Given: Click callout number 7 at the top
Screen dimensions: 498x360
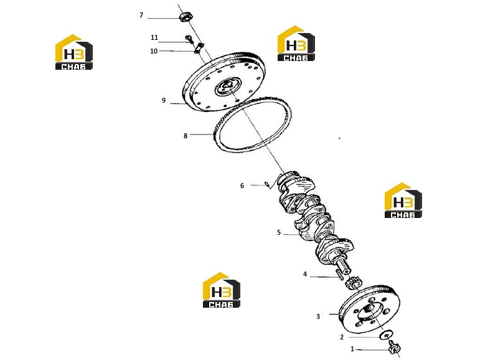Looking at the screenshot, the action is click(x=141, y=15).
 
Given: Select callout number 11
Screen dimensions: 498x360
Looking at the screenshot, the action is click(x=154, y=37).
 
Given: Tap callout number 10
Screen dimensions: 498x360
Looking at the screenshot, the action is click(x=154, y=51).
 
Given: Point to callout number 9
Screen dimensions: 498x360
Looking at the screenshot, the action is click(x=164, y=100).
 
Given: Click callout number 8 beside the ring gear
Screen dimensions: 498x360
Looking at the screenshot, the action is click(x=186, y=136).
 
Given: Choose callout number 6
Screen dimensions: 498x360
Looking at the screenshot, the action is click(x=242, y=186).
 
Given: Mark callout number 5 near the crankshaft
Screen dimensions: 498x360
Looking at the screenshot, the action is click(x=279, y=232).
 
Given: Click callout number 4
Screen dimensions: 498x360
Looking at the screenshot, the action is click(x=305, y=274).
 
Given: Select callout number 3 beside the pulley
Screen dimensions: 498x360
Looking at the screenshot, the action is click(x=318, y=316).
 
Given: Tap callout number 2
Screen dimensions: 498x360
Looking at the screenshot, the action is click(x=342, y=337).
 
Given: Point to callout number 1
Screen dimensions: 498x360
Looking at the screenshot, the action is click(x=352, y=349).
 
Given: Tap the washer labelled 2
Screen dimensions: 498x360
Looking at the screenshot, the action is click(x=387, y=334).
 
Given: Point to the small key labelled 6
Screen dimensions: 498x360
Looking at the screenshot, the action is click(x=269, y=184).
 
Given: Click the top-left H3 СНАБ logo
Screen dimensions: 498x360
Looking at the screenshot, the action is click(x=74, y=52).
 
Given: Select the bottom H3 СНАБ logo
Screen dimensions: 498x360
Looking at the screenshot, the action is click(x=222, y=290).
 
